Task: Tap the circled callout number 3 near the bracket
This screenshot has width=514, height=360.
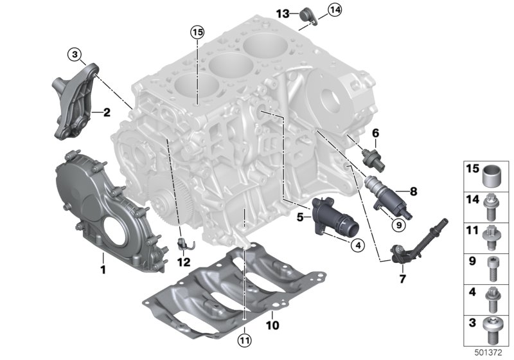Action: point(76,56)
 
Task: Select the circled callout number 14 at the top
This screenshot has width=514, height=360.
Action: point(334,9)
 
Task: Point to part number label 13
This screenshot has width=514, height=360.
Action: point(283,14)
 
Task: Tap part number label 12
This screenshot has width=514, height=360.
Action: point(183,262)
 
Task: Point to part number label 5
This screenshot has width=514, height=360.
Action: point(300,217)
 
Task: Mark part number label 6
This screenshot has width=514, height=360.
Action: point(376,133)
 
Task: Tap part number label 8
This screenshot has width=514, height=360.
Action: point(413,190)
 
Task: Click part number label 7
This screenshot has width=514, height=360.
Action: point(403,280)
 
